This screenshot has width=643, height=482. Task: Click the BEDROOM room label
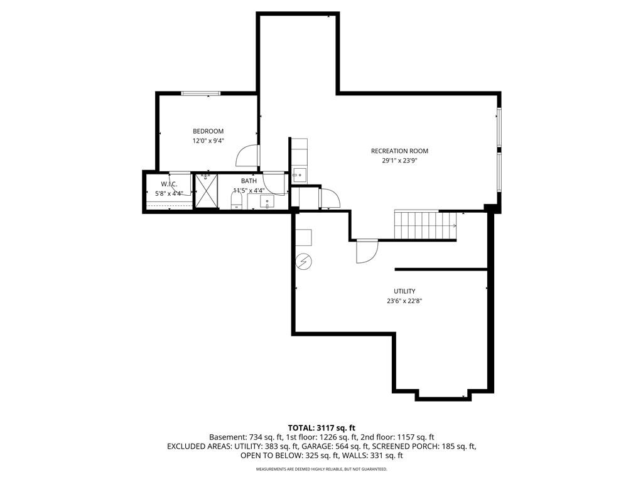click(x=208, y=131)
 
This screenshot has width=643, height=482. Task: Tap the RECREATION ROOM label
click(x=399, y=151)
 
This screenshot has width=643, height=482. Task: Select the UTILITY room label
click(x=404, y=291)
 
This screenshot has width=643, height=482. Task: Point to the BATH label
click(x=249, y=181)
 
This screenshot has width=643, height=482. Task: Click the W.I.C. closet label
click(x=169, y=184)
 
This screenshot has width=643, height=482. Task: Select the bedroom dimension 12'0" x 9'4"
click(x=208, y=141)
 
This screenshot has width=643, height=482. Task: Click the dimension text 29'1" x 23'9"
click(x=399, y=161)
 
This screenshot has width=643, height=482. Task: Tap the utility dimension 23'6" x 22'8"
click(x=404, y=301)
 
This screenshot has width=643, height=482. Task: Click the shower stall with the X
click(x=205, y=191)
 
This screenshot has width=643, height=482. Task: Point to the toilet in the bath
click(x=237, y=201)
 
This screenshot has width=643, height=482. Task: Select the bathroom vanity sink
click(x=267, y=201)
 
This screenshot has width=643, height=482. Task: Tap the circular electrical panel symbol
click(x=304, y=262)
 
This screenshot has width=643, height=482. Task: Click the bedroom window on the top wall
click(x=201, y=94)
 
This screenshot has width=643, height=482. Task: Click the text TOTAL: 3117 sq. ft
click(x=321, y=429)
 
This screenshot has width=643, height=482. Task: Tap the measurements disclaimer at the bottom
click(x=321, y=469)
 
